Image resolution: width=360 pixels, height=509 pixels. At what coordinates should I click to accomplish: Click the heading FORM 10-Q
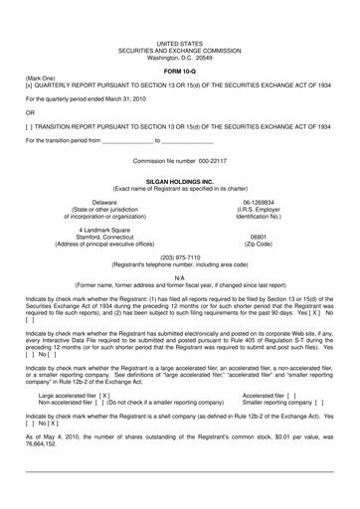click(x=179, y=74)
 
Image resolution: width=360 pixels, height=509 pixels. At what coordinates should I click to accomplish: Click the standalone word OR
click(x=30, y=113)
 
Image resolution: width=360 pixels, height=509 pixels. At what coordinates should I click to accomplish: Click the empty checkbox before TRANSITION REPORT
click(x=30, y=127)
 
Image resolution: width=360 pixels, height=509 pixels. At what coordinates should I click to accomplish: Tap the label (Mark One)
click(x=41, y=80)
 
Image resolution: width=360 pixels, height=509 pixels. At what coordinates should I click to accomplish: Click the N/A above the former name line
click(x=179, y=277)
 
